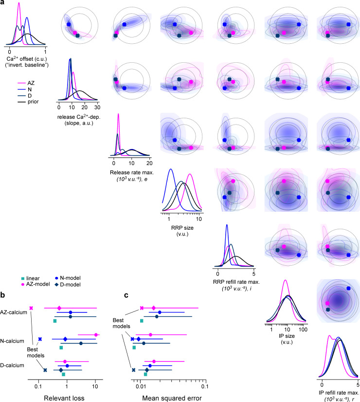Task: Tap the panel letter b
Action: click(2, 295)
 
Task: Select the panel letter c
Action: click(126, 295)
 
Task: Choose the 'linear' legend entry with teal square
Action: click(30, 278)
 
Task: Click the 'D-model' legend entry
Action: click(68, 285)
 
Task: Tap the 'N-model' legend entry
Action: click(68, 278)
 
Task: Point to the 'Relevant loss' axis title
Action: click(64, 398)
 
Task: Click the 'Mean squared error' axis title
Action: click(172, 398)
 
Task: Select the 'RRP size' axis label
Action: click(182, 228)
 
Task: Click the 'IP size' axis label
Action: click(287, 336)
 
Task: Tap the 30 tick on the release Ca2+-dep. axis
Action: click(97, 108)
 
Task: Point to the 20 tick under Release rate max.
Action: click(149, 163)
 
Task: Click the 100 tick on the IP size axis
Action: click(303, 329)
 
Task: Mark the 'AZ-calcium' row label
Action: click(14, 312)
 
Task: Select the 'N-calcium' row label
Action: click(12, 341)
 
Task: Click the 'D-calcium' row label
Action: click(12, 365)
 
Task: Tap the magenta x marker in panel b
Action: click(31, 308)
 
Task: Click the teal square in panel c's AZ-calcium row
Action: click(142, 321)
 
